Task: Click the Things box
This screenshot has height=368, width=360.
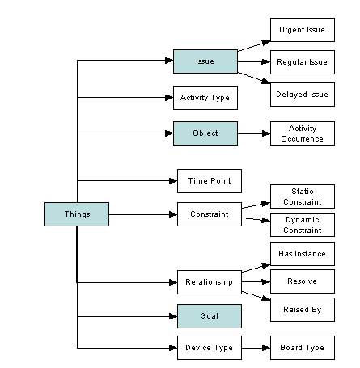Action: click(x=77, y=214)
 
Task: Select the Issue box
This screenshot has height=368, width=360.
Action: click(x=205, y=61)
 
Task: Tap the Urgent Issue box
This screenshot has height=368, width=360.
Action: click(x=303, y=30)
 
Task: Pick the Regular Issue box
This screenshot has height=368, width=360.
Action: click(x=303, y=62)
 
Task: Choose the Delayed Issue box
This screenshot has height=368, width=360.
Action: click(x=303, y=95)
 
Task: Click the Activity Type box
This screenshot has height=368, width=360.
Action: click(x=205, y=98)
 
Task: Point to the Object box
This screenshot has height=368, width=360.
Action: click(x=205, y=133)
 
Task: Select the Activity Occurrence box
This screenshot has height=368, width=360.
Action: click(x=303, y=133)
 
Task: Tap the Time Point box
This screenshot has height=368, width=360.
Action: click(x=210, y=181)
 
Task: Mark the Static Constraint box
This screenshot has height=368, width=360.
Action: click(x=303, y=197)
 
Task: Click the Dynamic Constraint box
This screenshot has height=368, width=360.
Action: click(x=303, y=225)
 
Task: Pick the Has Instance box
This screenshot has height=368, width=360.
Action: click(x=303, y=254)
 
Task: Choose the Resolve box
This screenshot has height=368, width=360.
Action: click(x=303, y=281)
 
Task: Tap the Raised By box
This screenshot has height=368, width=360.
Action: click(x=303, y=310)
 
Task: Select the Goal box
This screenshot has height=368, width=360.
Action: click(x=210, y=316)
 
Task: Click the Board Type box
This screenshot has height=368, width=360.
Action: click(x=303, y=348)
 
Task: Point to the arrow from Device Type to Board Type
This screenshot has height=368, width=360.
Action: click(x=256, y=348)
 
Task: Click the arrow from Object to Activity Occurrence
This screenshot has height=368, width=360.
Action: click(x=254, y=133)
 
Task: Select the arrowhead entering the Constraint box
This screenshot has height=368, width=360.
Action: click(x=173, y=214)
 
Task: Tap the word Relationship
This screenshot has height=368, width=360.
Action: click(x=209, y=282)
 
